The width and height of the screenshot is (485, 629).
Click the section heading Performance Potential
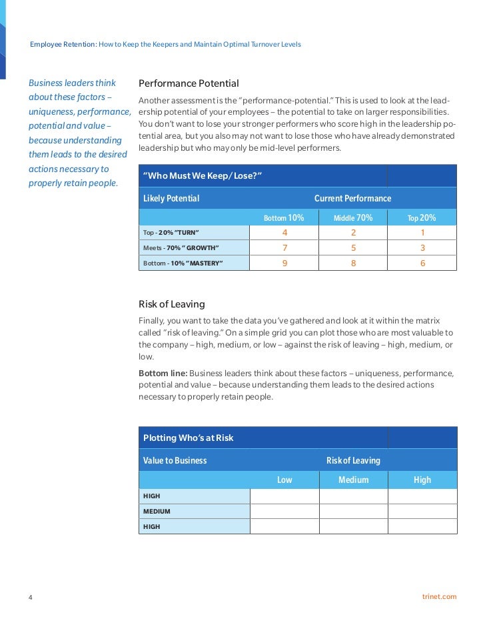189,83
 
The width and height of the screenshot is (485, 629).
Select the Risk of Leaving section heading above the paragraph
172,304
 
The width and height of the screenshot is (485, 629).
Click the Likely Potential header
171,198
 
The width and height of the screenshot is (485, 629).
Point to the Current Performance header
352,198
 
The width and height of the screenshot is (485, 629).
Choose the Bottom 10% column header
284,217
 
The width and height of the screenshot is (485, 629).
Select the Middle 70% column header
353,217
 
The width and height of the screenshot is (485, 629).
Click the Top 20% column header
422,217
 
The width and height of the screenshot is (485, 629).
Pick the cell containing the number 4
284,233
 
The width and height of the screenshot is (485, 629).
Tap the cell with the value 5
353,248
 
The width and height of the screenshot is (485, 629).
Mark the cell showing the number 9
284,263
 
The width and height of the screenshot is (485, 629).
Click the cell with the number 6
422,263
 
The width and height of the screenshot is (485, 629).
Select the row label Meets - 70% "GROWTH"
181,248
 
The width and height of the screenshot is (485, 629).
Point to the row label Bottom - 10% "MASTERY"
183,263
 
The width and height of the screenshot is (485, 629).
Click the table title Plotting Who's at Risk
189,438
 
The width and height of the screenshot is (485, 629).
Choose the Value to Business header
175,460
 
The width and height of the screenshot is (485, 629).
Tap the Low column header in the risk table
284,480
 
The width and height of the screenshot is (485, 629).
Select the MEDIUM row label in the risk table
157,512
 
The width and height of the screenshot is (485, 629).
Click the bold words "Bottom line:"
163,374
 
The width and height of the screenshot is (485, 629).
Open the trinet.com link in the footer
440,596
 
